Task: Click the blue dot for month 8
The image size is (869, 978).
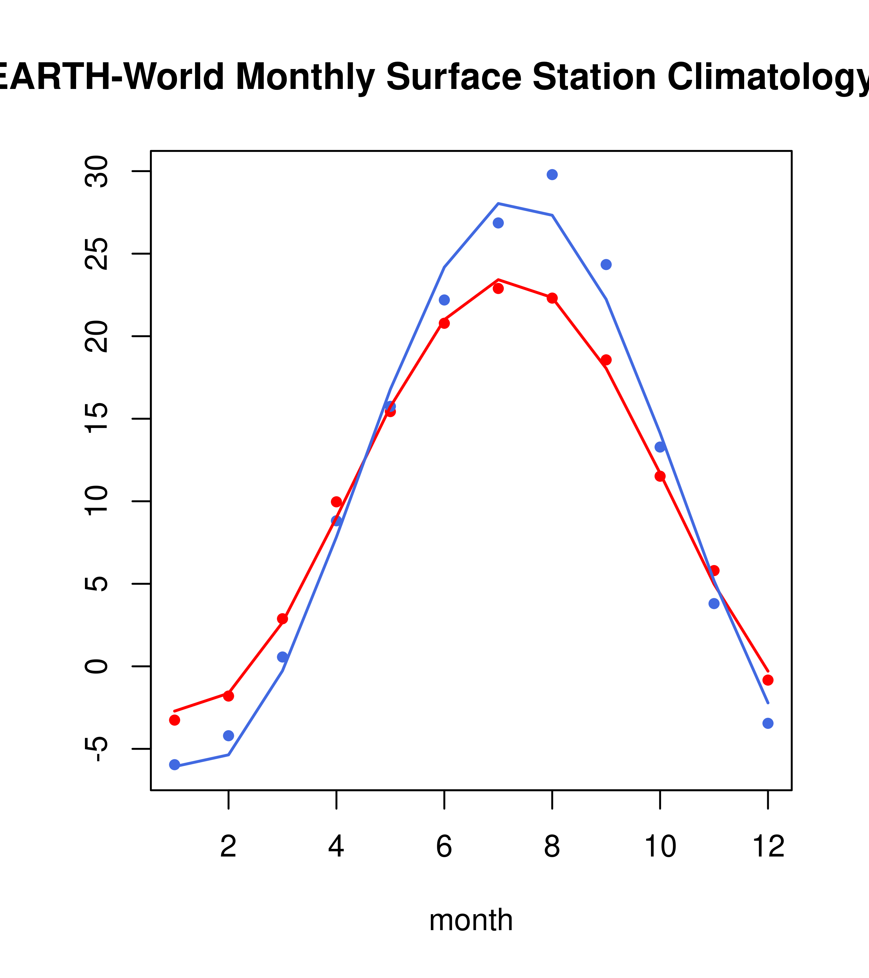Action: pos(552,175)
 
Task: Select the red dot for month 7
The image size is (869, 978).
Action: pos(498,288)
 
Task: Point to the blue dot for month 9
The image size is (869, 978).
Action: pos(606,265)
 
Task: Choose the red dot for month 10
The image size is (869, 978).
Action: pos(660,476)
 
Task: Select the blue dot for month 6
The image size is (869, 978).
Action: pos(444,300)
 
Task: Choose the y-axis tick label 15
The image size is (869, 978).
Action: pos(97,419)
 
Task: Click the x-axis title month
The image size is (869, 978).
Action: pos(471,920)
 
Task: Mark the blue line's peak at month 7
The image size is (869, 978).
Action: pos(498,204)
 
